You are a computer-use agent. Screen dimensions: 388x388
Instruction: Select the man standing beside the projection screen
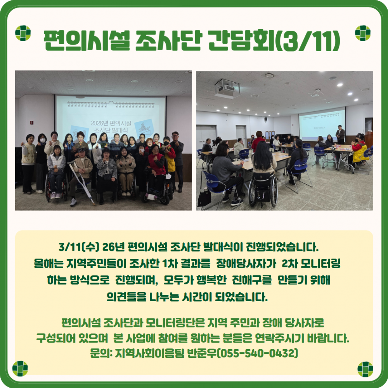(340, 134)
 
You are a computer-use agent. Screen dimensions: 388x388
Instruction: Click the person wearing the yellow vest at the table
(359, 152)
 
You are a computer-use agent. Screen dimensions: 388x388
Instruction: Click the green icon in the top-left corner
(23, 33)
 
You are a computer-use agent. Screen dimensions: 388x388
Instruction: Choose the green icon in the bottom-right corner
(365, 369)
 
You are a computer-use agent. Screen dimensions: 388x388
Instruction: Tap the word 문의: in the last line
(100, 353)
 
